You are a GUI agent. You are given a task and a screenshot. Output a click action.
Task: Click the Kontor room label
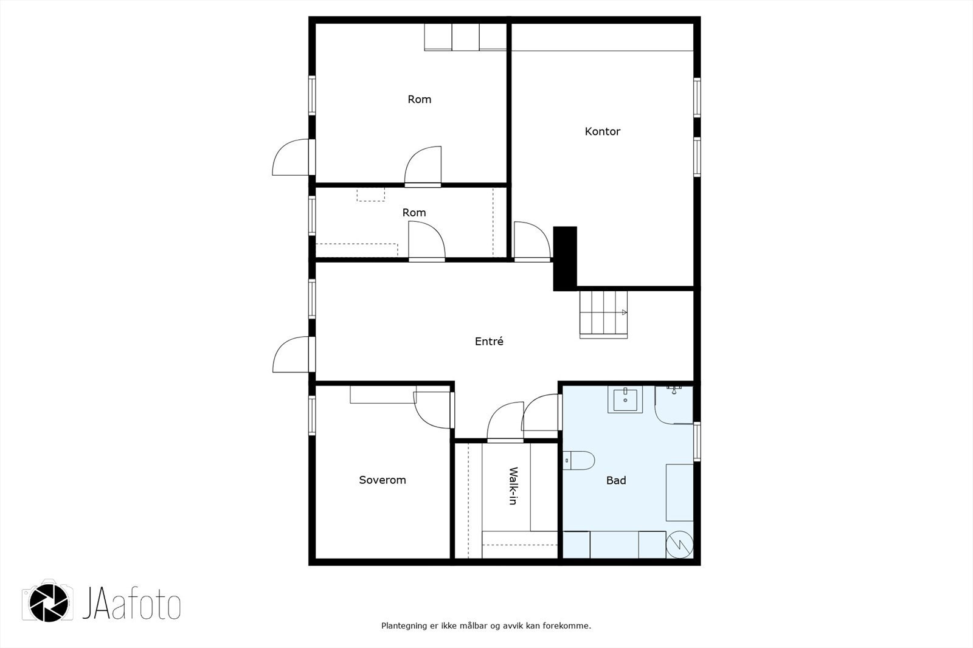coord(602,131)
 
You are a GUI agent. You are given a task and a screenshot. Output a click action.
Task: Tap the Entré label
coord(489,342)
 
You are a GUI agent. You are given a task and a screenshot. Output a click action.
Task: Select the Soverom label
coord(383,480)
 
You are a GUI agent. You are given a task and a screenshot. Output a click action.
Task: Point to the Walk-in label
coord(513,486)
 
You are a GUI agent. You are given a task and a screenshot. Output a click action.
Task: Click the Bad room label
coord(616,480)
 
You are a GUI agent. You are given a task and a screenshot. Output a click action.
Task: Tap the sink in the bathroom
coord(625,399)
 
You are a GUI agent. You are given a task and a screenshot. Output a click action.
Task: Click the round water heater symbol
coord(679,545)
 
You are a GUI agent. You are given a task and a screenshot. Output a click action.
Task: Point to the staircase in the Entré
coord(603,314)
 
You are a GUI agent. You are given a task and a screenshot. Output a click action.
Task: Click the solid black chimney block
coord(565,258)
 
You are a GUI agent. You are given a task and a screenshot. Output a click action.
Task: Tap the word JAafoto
coord(131,603)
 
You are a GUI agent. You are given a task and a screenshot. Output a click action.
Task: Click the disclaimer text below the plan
coord(486,626)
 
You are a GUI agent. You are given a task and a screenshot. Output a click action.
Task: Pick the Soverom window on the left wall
coord(312,415)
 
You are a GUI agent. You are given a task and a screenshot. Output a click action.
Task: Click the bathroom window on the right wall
coord(697,441)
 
